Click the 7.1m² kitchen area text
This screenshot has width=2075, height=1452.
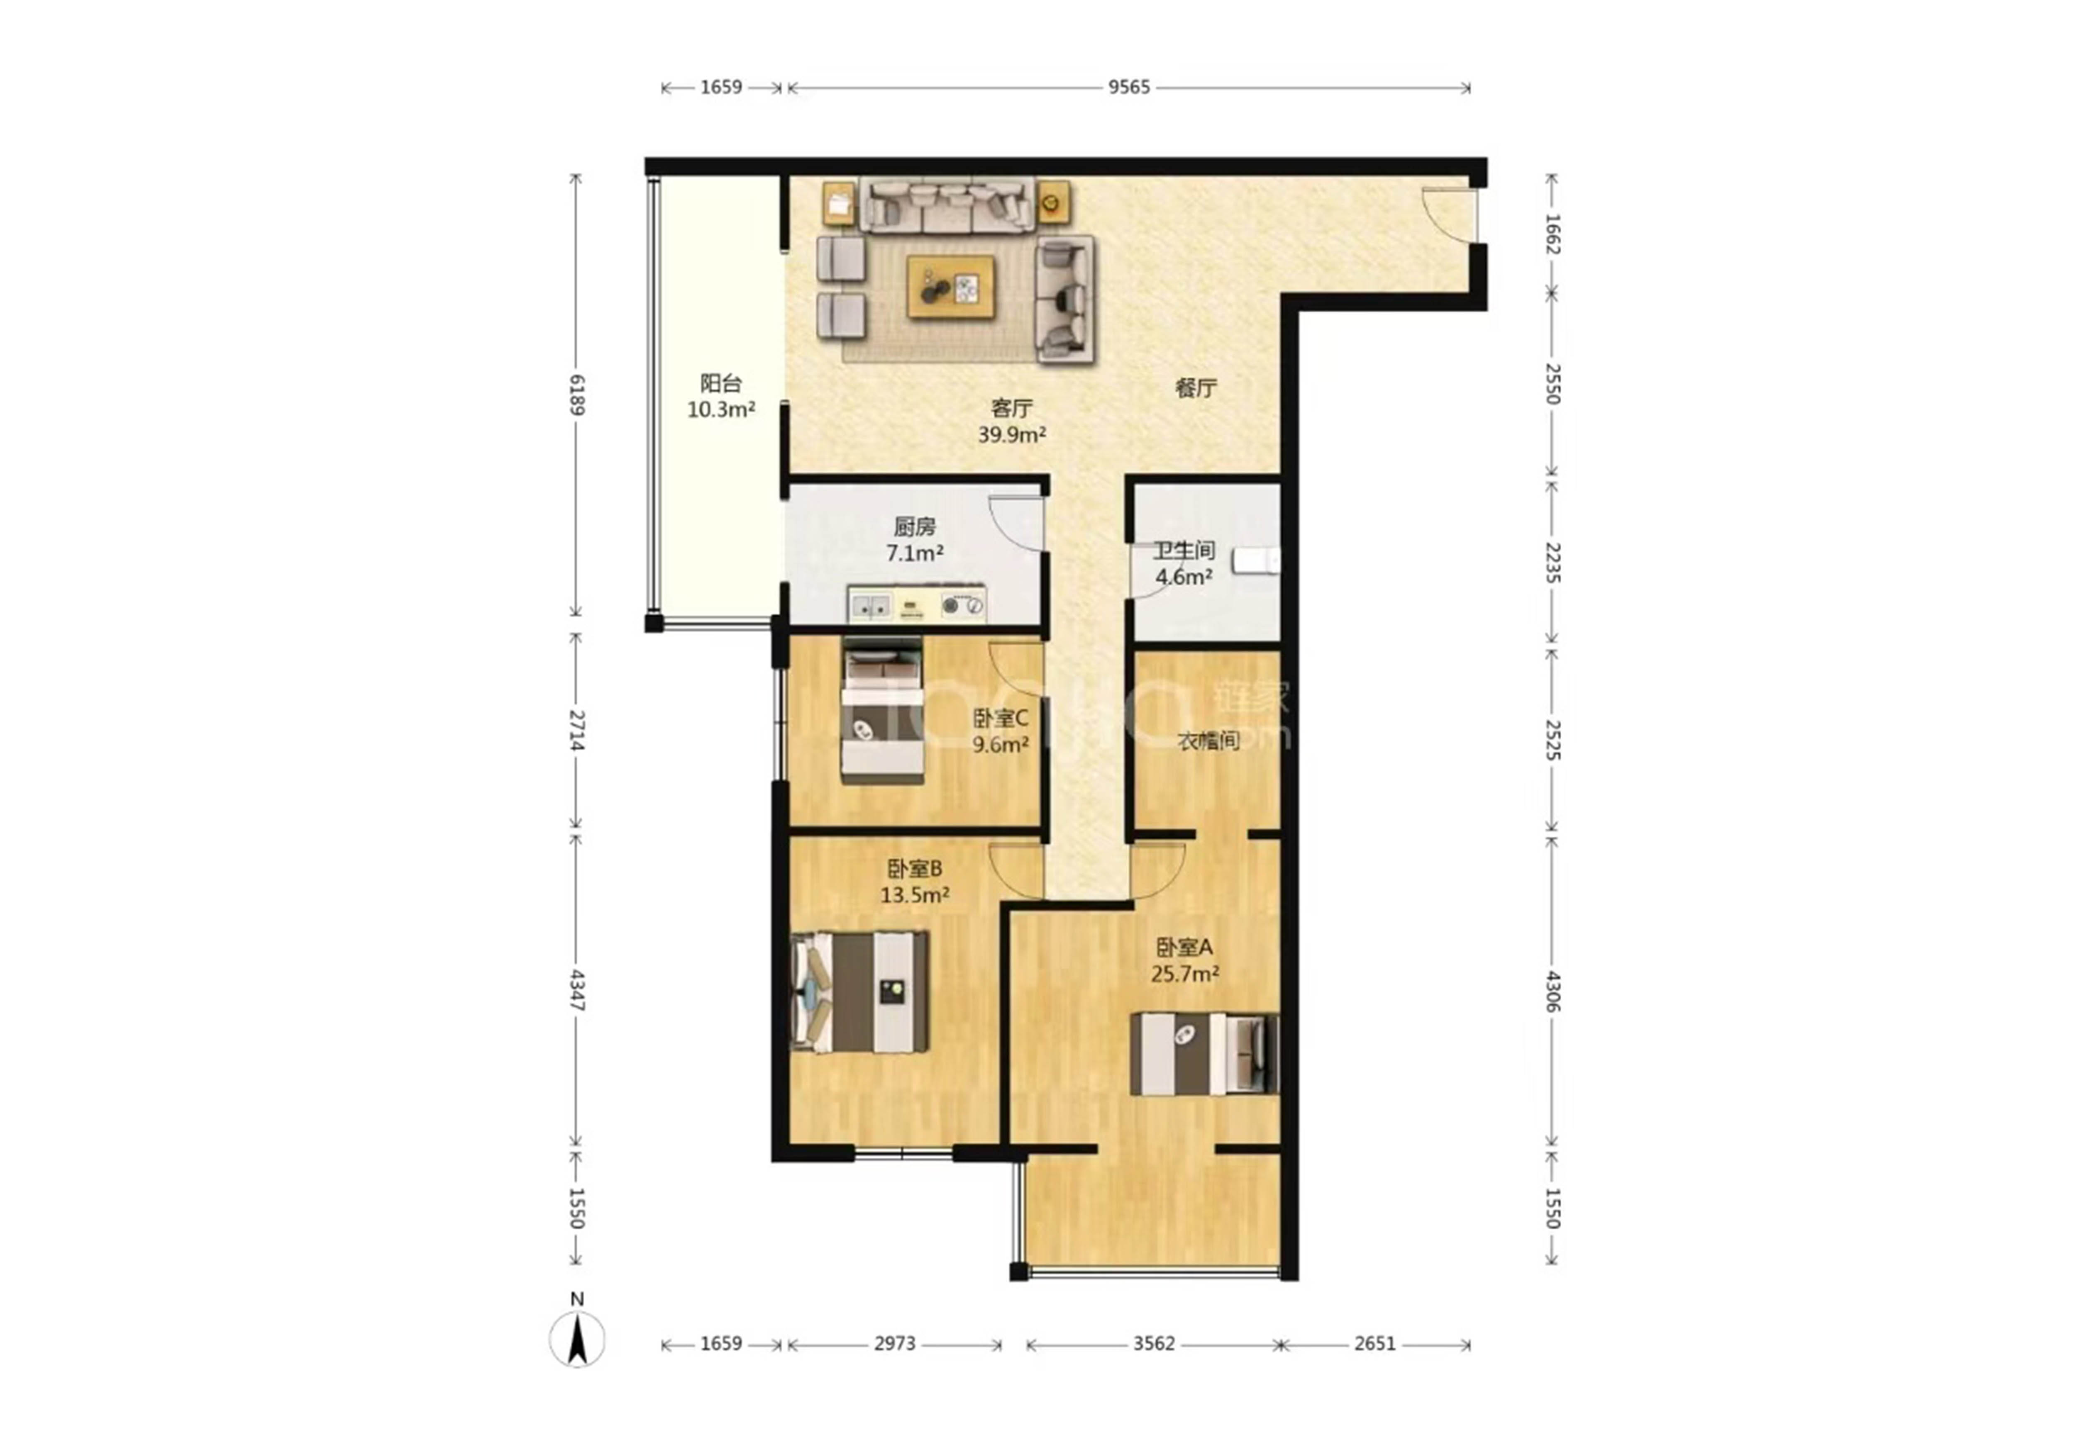(915, 553)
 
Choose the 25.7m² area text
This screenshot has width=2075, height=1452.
(1185, 974)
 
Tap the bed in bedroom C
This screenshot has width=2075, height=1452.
(883, 711)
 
